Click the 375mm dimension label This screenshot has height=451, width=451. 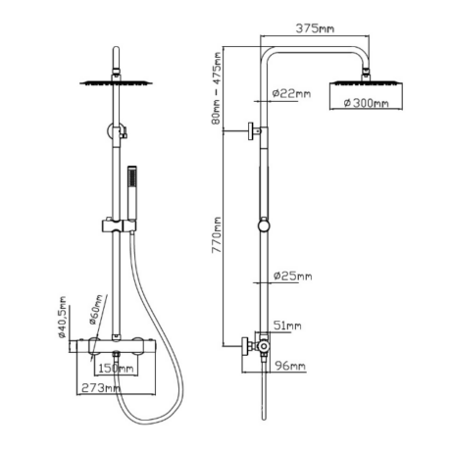[315, 28]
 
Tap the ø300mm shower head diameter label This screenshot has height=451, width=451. [367, 103]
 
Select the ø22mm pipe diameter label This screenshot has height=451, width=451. [291, 94]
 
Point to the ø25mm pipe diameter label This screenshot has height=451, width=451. [292, 276]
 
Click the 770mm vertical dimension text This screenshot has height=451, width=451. [217, 235]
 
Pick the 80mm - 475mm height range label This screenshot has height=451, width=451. [217, 88]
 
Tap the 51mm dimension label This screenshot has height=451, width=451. [287, 326]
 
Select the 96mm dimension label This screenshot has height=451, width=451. [290, 366]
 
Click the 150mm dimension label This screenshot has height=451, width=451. [116, 369]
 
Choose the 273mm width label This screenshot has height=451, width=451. [101, 388]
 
